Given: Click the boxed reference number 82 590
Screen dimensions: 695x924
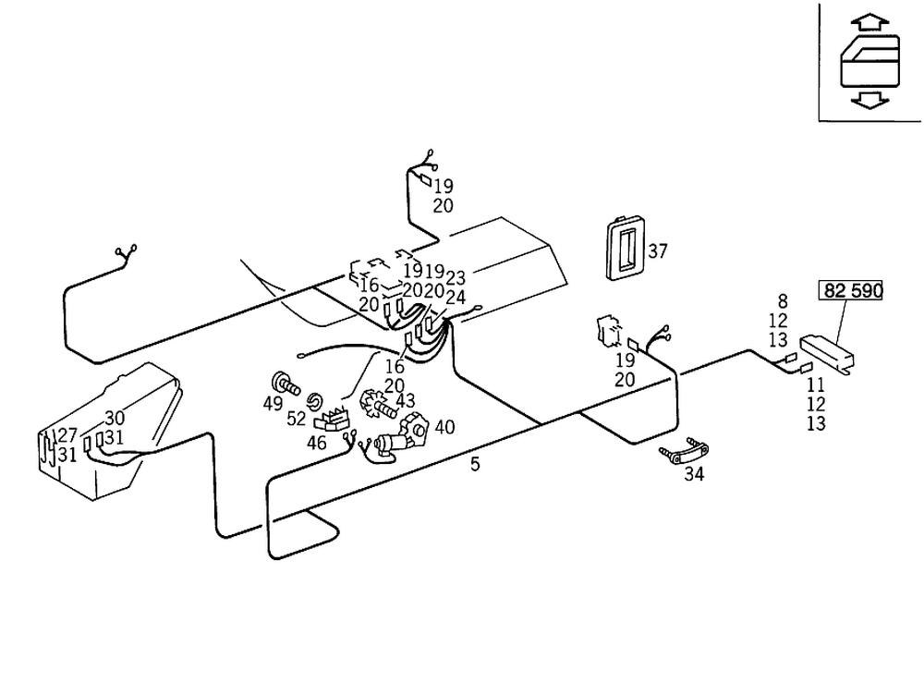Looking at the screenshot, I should coord(851,290).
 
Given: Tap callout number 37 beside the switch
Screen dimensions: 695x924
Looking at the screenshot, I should coord(658,250).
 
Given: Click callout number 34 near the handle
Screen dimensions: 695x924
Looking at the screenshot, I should coord(694,475).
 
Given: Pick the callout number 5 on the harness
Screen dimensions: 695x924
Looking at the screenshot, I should coord(475,464).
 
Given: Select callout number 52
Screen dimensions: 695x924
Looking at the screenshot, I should coord(296,418).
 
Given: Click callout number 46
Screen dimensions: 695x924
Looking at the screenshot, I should coord(317,443).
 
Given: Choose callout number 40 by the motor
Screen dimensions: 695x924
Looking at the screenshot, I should coord(445,427).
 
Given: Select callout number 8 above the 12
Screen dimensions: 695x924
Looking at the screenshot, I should coord(783,300).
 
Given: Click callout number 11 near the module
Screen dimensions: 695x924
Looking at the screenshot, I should coord(815,384).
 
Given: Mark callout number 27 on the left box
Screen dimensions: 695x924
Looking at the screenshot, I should coord(67,435).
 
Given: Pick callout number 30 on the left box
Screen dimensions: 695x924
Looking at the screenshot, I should coord(114,418).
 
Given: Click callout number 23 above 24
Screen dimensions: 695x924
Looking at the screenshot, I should coord(456,277).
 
